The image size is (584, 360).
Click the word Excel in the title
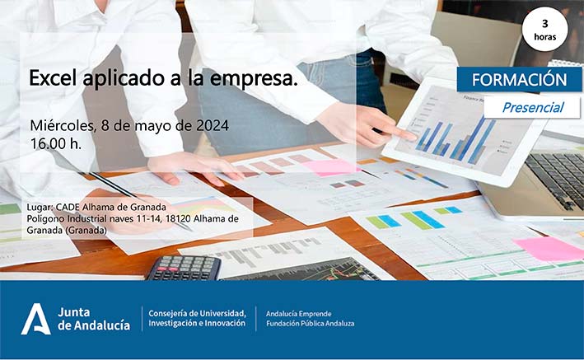tap(54, 78)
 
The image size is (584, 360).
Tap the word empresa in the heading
tap(253, 79)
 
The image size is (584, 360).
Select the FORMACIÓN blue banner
tap(519, 79)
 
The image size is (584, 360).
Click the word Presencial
tap(533, 108)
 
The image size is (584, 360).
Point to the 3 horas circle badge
tap(545, 29)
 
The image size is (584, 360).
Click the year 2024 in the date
tap(213, 125)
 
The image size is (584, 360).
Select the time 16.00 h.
tap(56, 144)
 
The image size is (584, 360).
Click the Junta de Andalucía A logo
tap(35, 319)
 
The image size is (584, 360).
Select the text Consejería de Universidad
tap(198, 313)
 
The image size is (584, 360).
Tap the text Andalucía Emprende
tap(298, 314)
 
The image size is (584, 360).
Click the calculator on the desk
tap(183, 268)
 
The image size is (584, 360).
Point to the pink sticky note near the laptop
tap(549, 248)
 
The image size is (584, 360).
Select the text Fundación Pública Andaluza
tap(311, 324)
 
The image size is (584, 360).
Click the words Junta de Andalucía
tap(94, 319)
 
